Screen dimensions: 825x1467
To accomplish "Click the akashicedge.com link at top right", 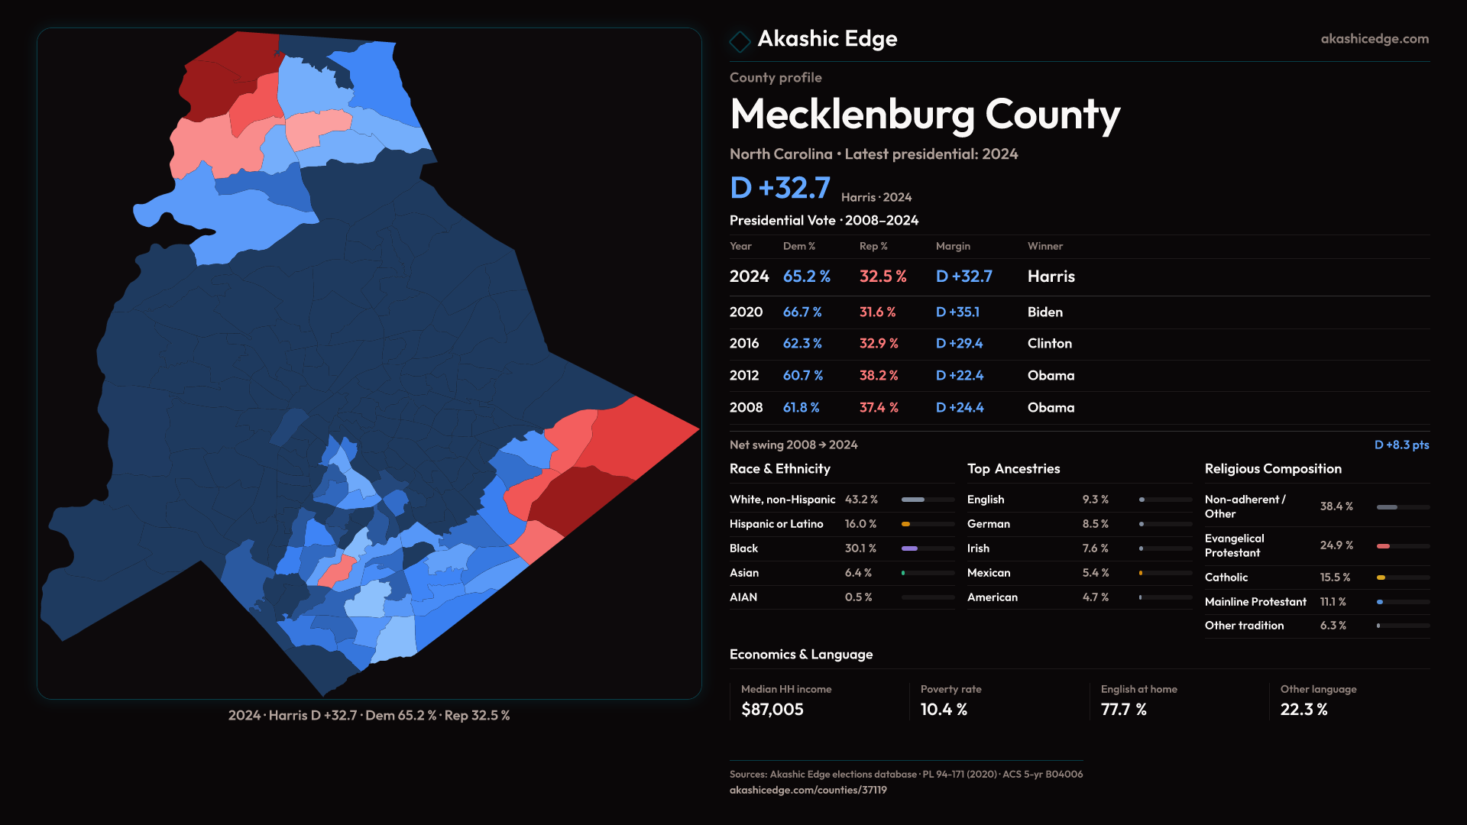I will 1375,39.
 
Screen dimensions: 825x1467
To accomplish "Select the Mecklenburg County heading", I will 925,115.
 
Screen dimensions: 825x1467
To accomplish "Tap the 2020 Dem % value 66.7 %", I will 802,312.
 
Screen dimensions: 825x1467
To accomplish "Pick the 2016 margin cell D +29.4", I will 959,344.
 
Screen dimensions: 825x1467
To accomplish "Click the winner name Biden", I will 1044,312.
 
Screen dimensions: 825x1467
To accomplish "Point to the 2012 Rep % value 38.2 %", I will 879,376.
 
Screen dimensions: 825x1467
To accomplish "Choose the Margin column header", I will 953,246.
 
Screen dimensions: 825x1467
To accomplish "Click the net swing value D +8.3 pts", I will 1401,445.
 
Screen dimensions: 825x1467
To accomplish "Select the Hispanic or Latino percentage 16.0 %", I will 860,524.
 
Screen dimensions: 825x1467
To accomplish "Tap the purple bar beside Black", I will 909,548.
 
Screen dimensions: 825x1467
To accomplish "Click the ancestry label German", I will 988,524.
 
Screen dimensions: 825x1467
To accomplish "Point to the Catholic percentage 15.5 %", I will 1335,577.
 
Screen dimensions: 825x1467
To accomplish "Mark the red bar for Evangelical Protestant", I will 1383,546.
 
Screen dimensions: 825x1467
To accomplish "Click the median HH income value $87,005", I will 772,710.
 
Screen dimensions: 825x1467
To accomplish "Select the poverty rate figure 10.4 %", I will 944,710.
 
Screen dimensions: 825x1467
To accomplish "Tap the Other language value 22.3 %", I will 1303,710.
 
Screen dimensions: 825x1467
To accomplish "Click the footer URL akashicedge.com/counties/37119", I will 808,790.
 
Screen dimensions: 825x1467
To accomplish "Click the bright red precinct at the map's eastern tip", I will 642,439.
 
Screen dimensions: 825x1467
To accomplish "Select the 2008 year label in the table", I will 746,408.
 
